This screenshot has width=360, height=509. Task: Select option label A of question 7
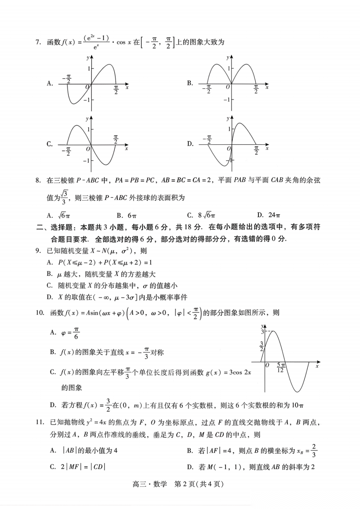tap(50, 83)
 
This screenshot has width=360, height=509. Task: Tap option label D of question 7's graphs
tap(190, 144)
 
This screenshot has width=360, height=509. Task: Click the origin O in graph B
tap(228, 87)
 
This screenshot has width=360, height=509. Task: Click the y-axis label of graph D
tap(228, 118)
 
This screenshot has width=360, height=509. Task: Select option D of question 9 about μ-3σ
tap(117, 297)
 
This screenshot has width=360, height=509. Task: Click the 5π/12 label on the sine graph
tap(281, 368)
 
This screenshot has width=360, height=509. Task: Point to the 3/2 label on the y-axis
tap(262, 346)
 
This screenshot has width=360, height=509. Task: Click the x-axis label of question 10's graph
tap(317, 366)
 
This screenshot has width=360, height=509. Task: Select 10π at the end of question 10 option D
tap(297, 405)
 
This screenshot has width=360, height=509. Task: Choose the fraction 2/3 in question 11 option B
tap(314, 451)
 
